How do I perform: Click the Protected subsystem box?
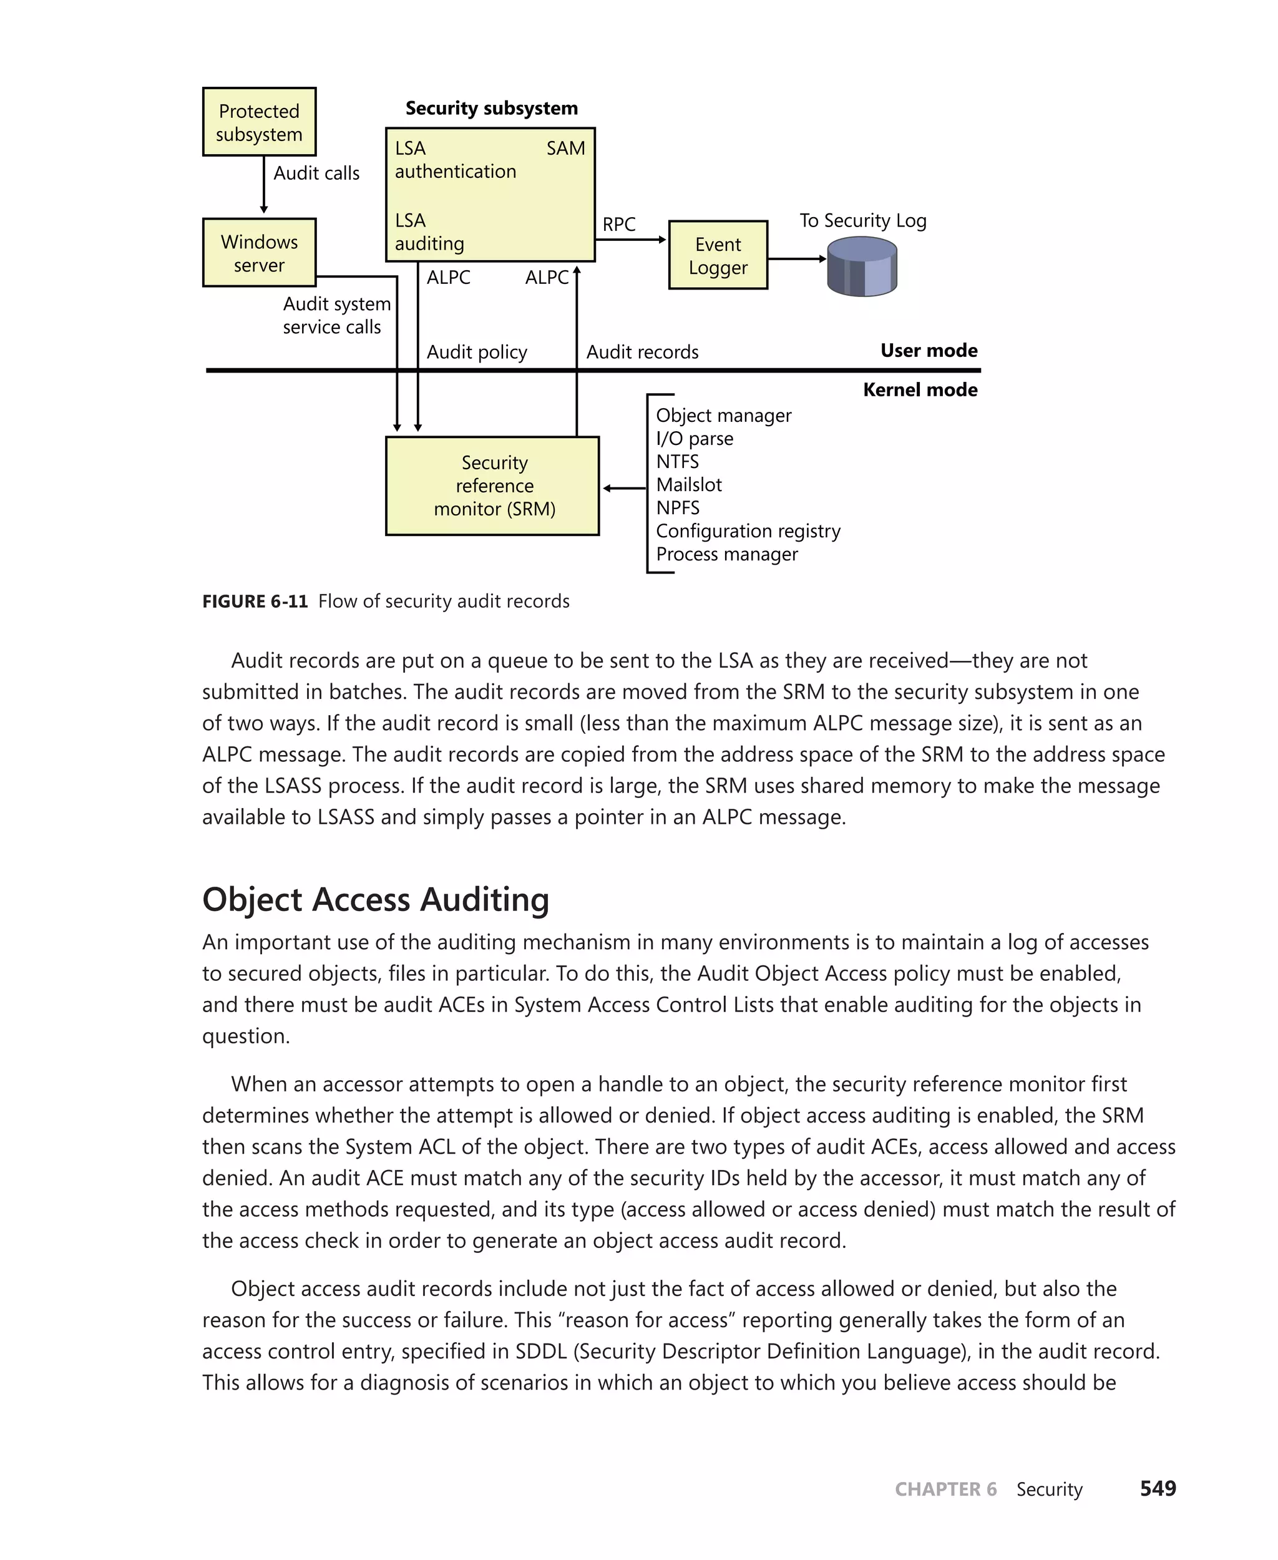(x=259, y=122)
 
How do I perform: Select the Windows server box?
(x=259, y=253)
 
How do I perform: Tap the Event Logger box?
(x=718, y=255)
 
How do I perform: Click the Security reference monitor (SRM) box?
(x=492, y=486)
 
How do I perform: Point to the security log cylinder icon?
(x=862, y=267)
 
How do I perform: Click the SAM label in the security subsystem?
(x=565, y=149)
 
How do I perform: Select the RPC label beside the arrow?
(x=618, y=225)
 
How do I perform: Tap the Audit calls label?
(x=316, y=173)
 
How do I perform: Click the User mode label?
(x=929, y=351)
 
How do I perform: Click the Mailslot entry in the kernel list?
(x=688, y=485)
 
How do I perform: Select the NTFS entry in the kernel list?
(x=677, y=462)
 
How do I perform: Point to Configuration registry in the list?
(x=747, y=532)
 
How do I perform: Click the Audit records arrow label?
(x=642, y=352)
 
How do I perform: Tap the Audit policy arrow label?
(x=476, y=352)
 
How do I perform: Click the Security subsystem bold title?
(x=491, y=108)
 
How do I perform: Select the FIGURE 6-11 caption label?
(x=255, y=602)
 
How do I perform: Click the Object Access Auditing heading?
(x=376, y=900)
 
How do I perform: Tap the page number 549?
(x=1158, y=1489)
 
